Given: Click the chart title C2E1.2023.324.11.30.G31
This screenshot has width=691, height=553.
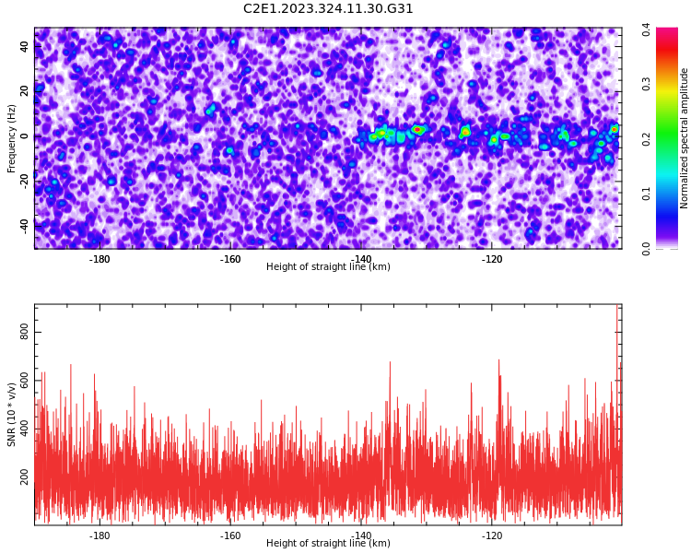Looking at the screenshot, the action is (328, 8).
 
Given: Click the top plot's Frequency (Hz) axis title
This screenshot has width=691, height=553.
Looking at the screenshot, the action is (11, 138).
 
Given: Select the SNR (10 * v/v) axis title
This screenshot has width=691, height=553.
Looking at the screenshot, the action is (11, 415).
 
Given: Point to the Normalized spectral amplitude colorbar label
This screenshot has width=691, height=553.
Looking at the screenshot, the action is (684, 138).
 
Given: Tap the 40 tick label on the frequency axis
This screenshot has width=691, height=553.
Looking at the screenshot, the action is (24, 47).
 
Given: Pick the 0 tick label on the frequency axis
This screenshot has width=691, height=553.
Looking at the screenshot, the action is (24, 136).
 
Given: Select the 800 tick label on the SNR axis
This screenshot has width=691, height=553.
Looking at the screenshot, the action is (24, 332).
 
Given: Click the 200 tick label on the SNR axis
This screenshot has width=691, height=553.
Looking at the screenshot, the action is (24, 477).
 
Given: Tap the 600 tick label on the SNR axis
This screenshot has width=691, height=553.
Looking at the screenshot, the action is (24, 380).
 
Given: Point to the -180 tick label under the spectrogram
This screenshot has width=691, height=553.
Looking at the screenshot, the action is (100, 259).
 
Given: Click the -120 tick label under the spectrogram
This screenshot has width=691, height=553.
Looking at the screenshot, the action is (492, 259).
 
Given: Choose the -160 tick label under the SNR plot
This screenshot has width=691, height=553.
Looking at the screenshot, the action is (230, 535).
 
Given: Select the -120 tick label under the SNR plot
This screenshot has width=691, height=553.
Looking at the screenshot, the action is (492, 535).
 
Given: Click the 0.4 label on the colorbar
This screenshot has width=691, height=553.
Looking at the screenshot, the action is (646, 30).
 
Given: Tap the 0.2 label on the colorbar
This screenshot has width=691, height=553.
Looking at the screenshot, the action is (646, 139).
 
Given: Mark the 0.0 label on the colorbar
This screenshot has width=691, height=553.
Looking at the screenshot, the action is (646, 249).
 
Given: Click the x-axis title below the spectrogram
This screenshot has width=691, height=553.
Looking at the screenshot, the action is (328, 266).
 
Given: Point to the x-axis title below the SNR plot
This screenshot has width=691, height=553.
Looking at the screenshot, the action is (328, 543).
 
